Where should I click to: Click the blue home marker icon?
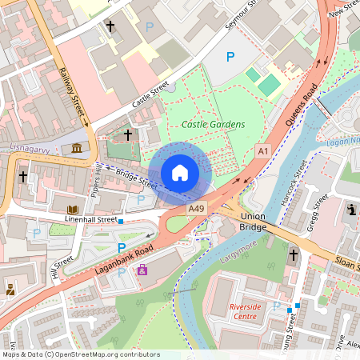pyautogui.click(x=180, y=173)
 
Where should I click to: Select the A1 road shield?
pyautogui.click(x=262, y=150)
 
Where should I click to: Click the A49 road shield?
pyautogui.click(x=196, y=208)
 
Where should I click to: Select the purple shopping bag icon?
pyautogui.click(x=142, y=270)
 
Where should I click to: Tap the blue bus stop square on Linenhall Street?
pyautogui.click(x=121, y=220)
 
